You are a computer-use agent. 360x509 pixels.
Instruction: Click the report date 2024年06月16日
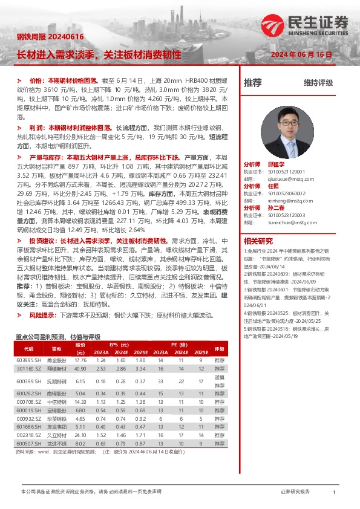pyautogui.click(x=301, y=54)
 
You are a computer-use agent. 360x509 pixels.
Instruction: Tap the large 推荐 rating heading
pyautogui.click(x=252, y=83)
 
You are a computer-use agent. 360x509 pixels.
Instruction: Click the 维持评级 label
pyautogui.click(x=319, y=83)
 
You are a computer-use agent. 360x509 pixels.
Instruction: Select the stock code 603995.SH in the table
pyautogui.click(x=28, y=360)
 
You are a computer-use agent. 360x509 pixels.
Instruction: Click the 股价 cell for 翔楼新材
pyautogui.click(x=80, y=368)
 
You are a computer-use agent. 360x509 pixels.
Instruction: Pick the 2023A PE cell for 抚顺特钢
pyautogui.click(x=160, y=381)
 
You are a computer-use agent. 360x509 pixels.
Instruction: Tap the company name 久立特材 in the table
pyautogui.click(x=56, y=435)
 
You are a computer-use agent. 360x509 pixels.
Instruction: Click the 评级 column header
pyautogui.click(x=219, y=349)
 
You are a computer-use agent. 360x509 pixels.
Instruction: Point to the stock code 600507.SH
pyautogui.click(x=28, y=443)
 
